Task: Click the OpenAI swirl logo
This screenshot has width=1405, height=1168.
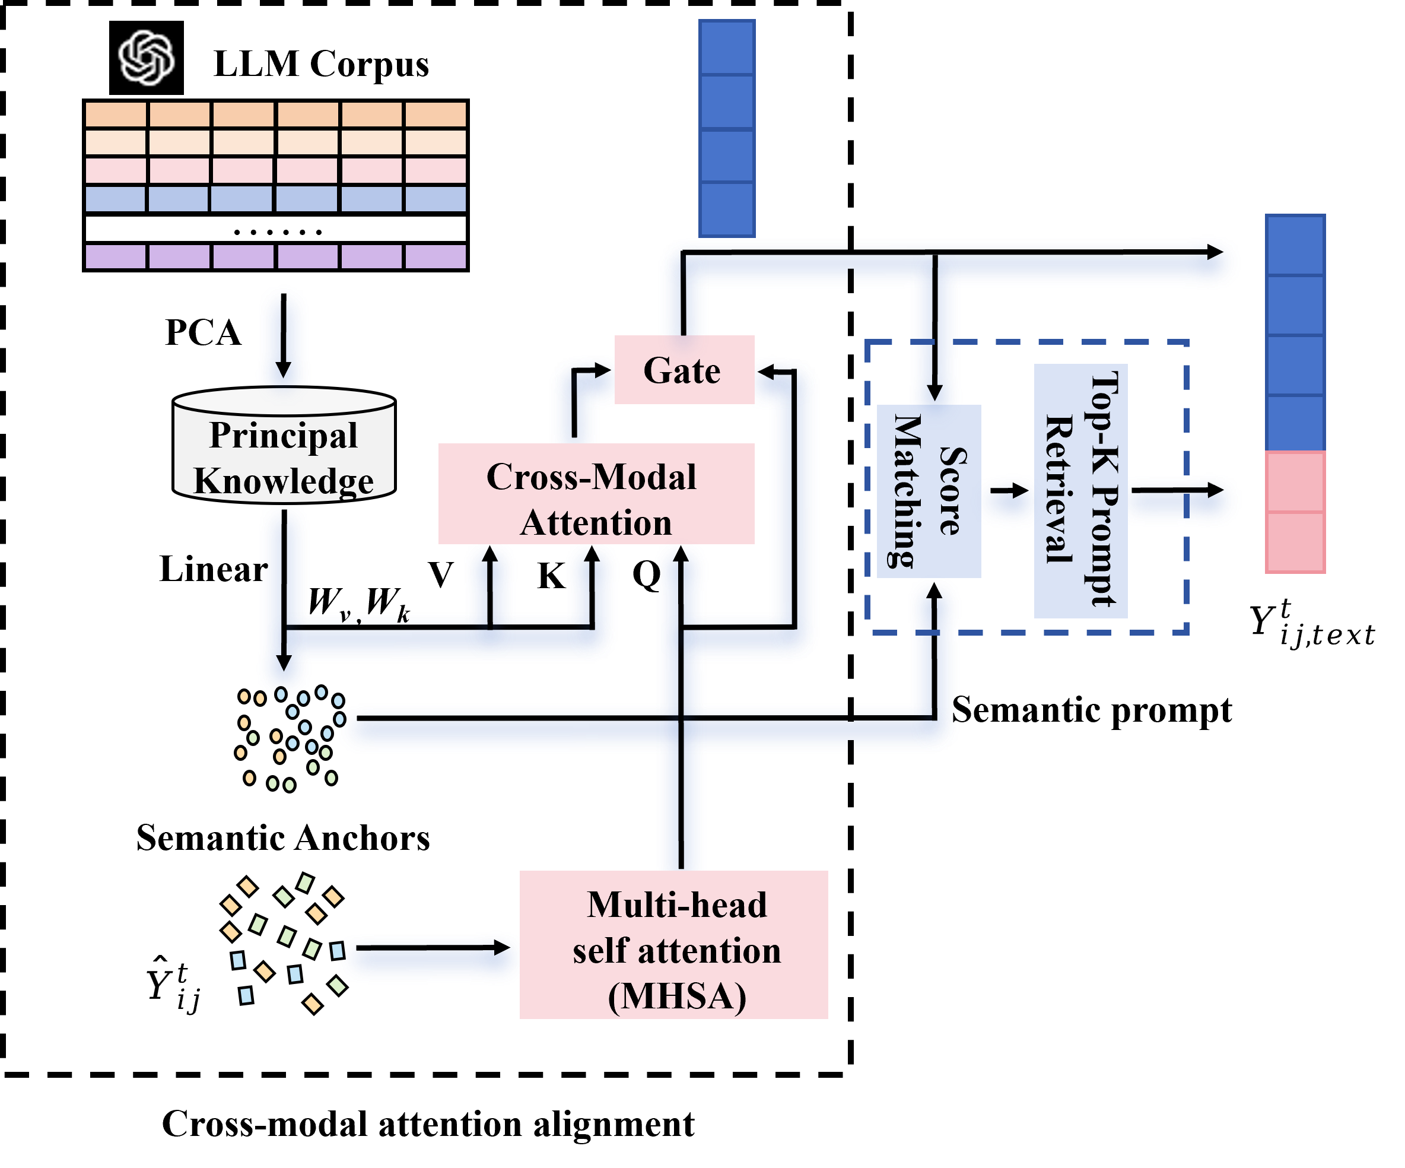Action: coord(147,58)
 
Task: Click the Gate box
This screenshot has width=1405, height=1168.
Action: coord(684,370)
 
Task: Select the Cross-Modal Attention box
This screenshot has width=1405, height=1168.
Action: coord(596,494)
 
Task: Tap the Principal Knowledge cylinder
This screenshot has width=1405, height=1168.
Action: coord(284,445)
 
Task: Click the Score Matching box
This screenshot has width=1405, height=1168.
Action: coord(929,491)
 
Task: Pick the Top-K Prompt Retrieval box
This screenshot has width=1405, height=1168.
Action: coord(1080,491)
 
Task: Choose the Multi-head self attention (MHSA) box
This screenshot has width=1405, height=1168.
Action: coord(674,944)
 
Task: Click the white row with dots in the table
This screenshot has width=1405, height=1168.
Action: coord(276,230)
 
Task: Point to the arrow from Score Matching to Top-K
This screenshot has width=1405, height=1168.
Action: coord(1008,491)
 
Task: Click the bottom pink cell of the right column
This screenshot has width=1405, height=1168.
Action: coord(1295,542)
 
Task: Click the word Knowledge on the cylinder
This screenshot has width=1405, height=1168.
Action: coord(284,481)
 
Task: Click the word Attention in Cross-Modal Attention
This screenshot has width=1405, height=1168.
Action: coord(596,523)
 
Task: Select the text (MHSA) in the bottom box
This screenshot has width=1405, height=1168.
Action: coord(676,995)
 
